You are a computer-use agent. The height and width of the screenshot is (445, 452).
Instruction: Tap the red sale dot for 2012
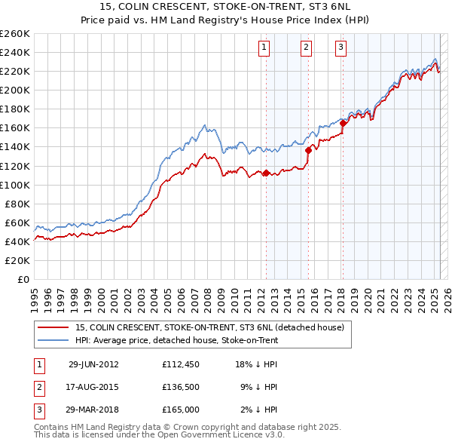[x=266, y=173]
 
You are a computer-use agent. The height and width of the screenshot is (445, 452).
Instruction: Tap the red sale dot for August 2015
[x=308, y=150]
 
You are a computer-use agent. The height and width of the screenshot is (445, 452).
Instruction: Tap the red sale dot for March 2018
[x=343, y=123]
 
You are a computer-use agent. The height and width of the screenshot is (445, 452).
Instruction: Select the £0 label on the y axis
[x=23, y=279]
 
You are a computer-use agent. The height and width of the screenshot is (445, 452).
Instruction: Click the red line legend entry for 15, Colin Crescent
[x=210, y=327]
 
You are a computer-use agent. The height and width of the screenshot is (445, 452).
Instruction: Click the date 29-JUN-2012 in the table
[x=93, y=364]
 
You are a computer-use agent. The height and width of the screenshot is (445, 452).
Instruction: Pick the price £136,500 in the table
[x=181, y=387]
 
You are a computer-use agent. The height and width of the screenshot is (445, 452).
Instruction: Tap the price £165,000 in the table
[x=181, y=410]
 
